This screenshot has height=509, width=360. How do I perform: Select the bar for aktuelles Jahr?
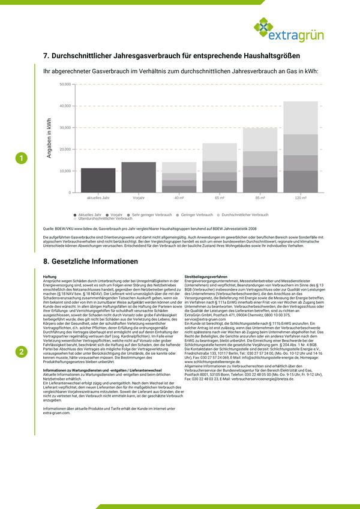(x=98, y=180)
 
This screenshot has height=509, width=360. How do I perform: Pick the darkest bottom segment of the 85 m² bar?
(x=260, y=185)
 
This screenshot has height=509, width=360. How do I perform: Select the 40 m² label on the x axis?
(x=179, y=197)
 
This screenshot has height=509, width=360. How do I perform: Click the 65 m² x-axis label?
(x=220, y=197)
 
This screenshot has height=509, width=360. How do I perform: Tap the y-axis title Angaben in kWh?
(x=49, y=139)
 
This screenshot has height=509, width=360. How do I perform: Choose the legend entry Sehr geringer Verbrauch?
(x=150, y=214)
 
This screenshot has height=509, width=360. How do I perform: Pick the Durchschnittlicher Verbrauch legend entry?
(x=242, y=214)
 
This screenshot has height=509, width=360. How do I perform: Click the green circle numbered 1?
(x=22, y=158)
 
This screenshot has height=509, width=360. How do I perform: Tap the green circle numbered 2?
(x=22, y=352)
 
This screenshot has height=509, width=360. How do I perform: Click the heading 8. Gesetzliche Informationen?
(x=91, y=262)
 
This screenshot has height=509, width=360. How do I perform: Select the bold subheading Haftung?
(x=50, y=276)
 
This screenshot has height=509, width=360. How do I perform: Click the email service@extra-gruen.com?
(x=205, y=319)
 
